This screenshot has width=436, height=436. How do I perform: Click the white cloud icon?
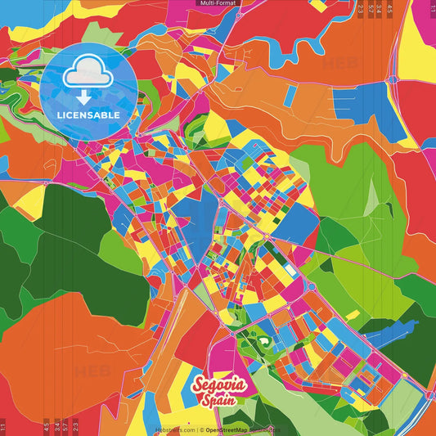pyautogui.click(x=89, y=74)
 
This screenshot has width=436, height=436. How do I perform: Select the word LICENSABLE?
pyautogui.click(x=89, y=115)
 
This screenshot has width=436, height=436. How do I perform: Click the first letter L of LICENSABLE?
pyautogui.click(x=61, y=115)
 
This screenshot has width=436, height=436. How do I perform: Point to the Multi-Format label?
pyautogui.click(x=218, y=3)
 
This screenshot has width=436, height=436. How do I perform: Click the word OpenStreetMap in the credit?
pyautogui.click(x=227, y=429)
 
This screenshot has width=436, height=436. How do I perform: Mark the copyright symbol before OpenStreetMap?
pyautogui.click(x=201, y=429)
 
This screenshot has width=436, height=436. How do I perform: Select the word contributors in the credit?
pyautogui.click(x=264, y=429)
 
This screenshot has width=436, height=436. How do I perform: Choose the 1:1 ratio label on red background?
pyautogui.click(x=3, y=427)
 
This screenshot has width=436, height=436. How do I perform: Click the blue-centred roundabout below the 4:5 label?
pyautogui.click(x=393, y=79)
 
